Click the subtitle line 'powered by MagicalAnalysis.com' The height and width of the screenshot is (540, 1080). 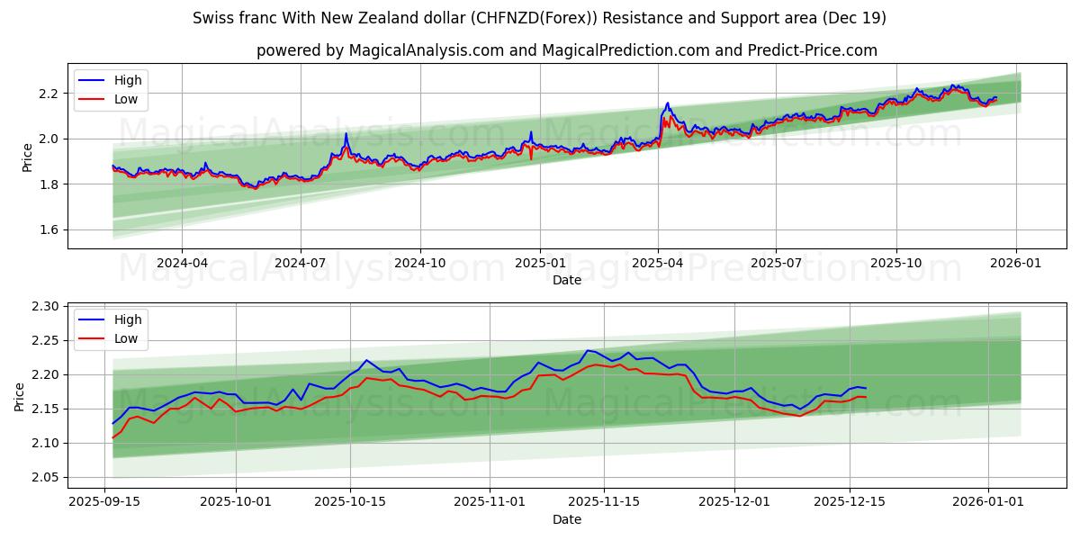pos(566,50)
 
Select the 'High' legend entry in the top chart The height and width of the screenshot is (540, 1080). pos(127,80)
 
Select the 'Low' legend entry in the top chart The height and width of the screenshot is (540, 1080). pos(125,99)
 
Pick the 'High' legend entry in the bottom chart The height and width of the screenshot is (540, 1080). pos(127,319)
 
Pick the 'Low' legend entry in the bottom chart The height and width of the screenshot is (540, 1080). pos(125,338)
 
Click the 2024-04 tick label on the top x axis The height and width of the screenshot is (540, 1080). pos(182,263)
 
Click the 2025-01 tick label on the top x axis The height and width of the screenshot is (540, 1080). pos(540,263)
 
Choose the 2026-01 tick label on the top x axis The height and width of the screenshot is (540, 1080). pos(1017,263)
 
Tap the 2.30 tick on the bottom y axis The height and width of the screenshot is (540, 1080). pos(44,307)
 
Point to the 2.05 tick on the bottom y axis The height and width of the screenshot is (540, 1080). pos(44,478)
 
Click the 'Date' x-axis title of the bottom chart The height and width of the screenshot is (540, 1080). pos(566,519)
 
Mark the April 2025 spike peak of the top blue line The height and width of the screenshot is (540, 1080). pos(667,103)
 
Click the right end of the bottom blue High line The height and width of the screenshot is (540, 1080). pos(866,388)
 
